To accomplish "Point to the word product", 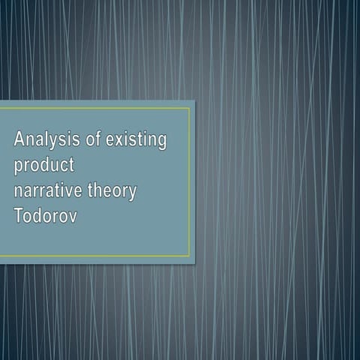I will (x=43, y=166).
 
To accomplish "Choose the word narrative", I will (x=49, y=190).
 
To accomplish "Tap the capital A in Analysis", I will (x=20, y=139).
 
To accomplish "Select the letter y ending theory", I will (x=133, y=193).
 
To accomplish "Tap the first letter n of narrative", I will (x=19, y=192).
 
